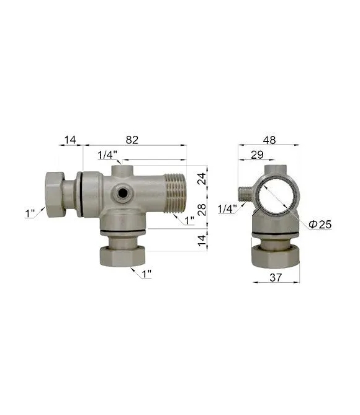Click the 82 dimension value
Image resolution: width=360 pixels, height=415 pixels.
[x=132, y=140]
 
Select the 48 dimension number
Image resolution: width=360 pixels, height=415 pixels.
[x=269, y=140]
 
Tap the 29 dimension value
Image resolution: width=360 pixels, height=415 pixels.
[x=257, y=155]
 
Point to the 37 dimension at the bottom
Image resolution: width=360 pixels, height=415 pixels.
[x=276, y=277]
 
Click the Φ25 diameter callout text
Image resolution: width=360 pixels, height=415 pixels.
[x=320, y=225]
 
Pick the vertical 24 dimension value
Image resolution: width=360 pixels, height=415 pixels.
[x=202, y=179]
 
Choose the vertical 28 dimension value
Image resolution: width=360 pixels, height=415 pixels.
[x=202, y=210]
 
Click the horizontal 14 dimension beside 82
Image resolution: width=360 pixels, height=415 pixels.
[x=70, y=140]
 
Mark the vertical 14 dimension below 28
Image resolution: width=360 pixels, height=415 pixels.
[x=202, y=240]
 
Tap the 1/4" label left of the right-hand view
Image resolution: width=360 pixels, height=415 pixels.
[x=227, y=209]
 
